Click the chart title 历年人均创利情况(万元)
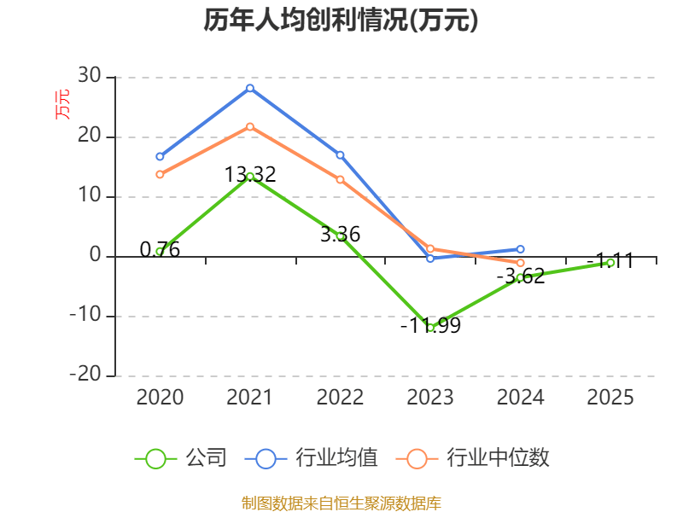pyautogui.click(x=341, y=20)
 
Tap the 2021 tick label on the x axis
pyautogui.click(x=250, y=397)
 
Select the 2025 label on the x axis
pyautogui.click(x=611, y=397)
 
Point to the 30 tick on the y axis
pyautogui.click(x=90, y=77)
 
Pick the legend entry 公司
pyautogui.click(x=182, y=458)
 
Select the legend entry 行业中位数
pyautogui.click(x=473, y=458)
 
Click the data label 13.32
pyautogui.click(x=250, y=175)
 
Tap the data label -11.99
pyautogui.click(x=430, y=325)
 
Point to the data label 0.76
pyautogui.click(x=160, y=249)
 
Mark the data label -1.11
pyautogui.click(x=610, y=261)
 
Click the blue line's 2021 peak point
pyautogui.click(x=250, y=88)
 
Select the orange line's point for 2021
pyautogui.click(x=250, y=126)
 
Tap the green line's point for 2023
pyautogui.click(x=430, y=328)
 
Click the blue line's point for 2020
pyautogui.click(x=160, y=156)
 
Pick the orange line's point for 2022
pyautogui.click(x=340, y=179)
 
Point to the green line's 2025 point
pyautogui.click(x=611, y=263)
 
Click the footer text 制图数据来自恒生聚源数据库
pyautogui.click(x=341, y=503)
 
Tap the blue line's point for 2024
pyautogui.click(x=521, y=249)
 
